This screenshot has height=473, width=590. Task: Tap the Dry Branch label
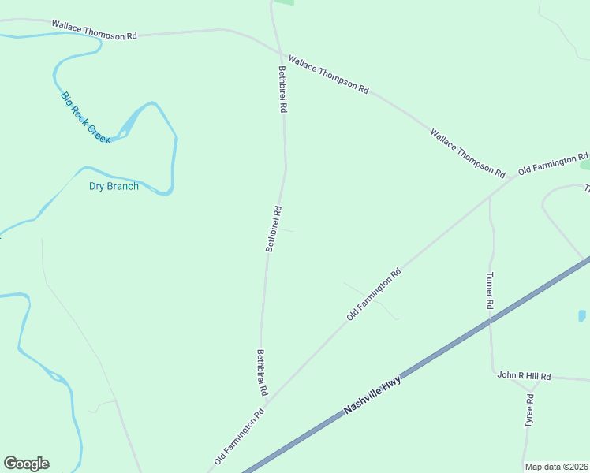tap(114, 187)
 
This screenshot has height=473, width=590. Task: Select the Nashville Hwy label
tap(372, 397)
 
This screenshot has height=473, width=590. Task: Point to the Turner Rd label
tap(490, 290)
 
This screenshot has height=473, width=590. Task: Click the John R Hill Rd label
tap(524, 376)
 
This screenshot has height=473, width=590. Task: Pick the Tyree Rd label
tap(529, 411)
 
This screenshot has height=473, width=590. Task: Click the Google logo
tap(26, 464)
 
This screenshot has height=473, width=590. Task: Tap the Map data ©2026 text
tap(556, 467)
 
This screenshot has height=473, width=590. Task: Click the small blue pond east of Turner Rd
tap(581, 315)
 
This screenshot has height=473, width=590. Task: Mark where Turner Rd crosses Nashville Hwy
tap(490, 320)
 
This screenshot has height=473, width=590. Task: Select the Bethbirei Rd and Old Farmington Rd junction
tap(266, 403)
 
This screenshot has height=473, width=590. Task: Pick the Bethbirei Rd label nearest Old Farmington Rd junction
tap(262, 373)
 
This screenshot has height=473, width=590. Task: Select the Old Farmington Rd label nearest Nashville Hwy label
tap(238, 436)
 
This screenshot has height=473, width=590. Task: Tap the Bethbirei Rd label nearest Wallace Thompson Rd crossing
tap(282, 89)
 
